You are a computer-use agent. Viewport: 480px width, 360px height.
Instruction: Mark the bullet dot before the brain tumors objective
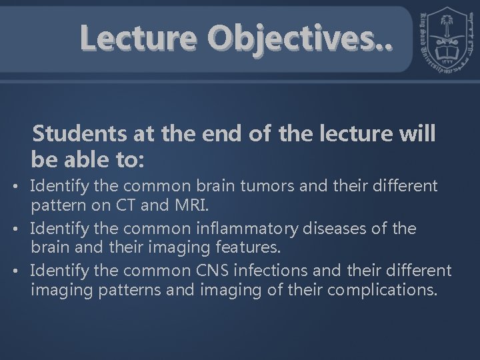22,185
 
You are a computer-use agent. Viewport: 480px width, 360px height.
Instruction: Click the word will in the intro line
418,134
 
